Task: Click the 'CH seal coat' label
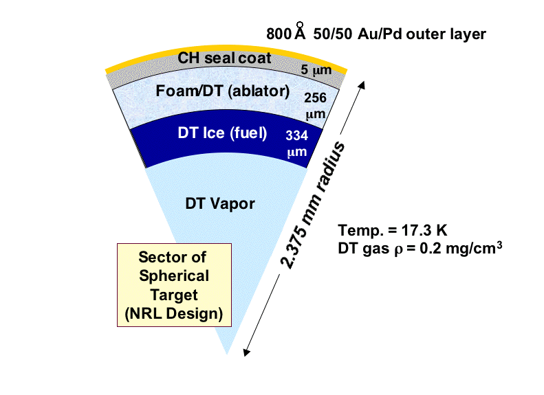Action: coord(224,58)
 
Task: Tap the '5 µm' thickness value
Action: coord(316,69)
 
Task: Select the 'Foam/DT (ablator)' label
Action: coord(223,91)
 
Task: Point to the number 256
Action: coord(315,98)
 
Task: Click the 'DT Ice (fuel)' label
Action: coord(222,133)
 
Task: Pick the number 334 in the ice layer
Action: coord(296,135)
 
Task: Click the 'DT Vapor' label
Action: coord(220,203)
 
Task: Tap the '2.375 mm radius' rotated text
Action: coord(312,205)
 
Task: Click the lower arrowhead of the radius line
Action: coord(246,352)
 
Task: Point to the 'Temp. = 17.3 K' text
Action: coord(393,230)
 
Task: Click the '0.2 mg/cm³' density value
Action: coord(461,248)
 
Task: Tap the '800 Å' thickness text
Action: coord(286,32)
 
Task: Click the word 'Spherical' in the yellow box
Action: coord(174,276)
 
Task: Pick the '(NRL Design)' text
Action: coord(174,313)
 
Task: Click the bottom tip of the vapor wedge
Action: coord(227,354)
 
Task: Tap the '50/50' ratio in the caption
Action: coord(332,34)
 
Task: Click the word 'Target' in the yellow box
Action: coord(174,295)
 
